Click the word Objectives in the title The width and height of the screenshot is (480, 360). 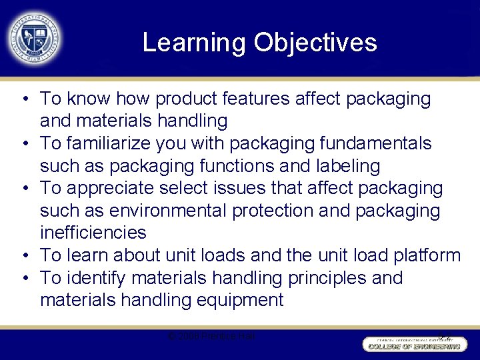(315, 43)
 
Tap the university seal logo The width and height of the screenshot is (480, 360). (33, 37)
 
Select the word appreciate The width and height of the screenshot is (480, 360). (118, 188)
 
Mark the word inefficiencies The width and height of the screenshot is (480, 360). (93, 233)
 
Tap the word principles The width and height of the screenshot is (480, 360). (311, 277)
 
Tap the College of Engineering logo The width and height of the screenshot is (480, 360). (414, 344)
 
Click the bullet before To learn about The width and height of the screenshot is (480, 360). (24, 255)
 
